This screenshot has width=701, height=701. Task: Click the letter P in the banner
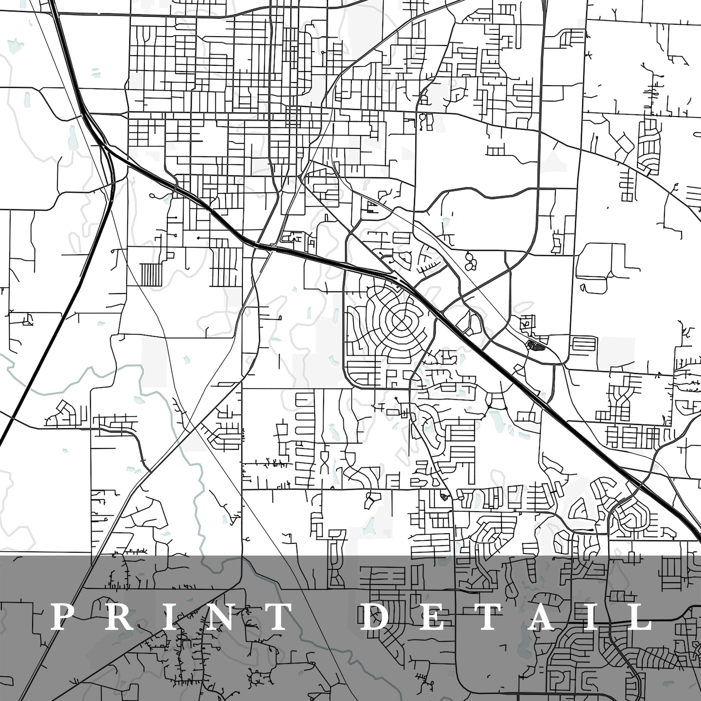point(62,617)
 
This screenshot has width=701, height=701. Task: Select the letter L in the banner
point(636,617)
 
